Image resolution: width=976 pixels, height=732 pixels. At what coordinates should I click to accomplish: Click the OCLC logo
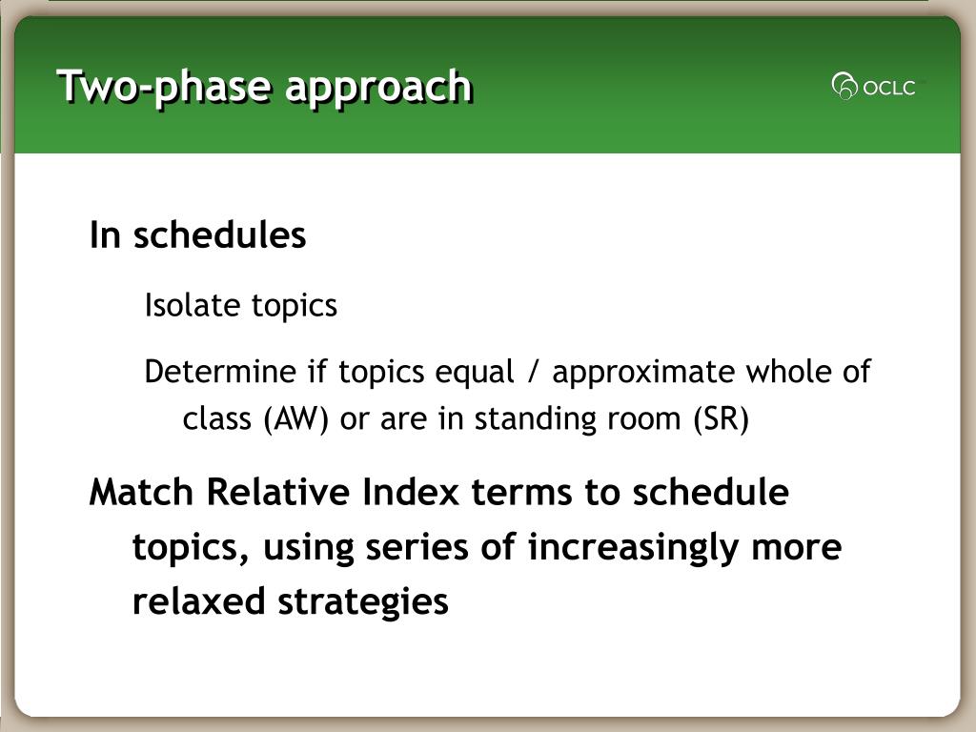875,87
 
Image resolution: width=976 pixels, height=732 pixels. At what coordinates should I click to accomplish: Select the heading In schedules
197,234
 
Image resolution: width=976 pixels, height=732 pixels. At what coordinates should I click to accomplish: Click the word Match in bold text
142,493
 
